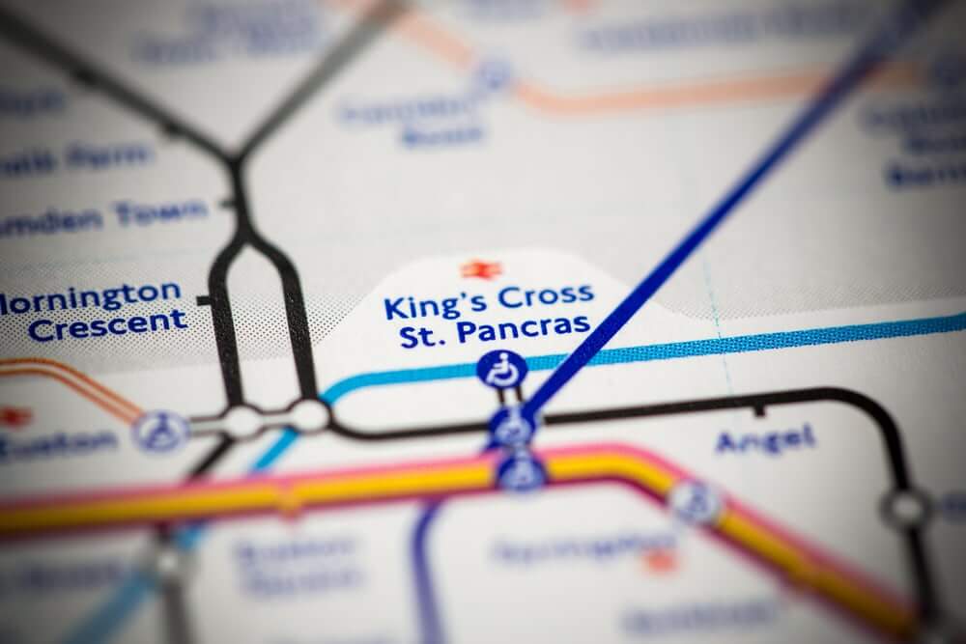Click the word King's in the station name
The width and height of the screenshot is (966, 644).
421,306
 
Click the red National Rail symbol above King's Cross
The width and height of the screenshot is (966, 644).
474,269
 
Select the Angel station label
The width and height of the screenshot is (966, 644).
765,440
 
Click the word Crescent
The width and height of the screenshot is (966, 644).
107,322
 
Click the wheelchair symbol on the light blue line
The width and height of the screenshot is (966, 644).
502,369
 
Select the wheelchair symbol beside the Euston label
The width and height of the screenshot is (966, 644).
160,431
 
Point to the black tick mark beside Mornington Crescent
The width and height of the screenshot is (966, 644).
204,301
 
